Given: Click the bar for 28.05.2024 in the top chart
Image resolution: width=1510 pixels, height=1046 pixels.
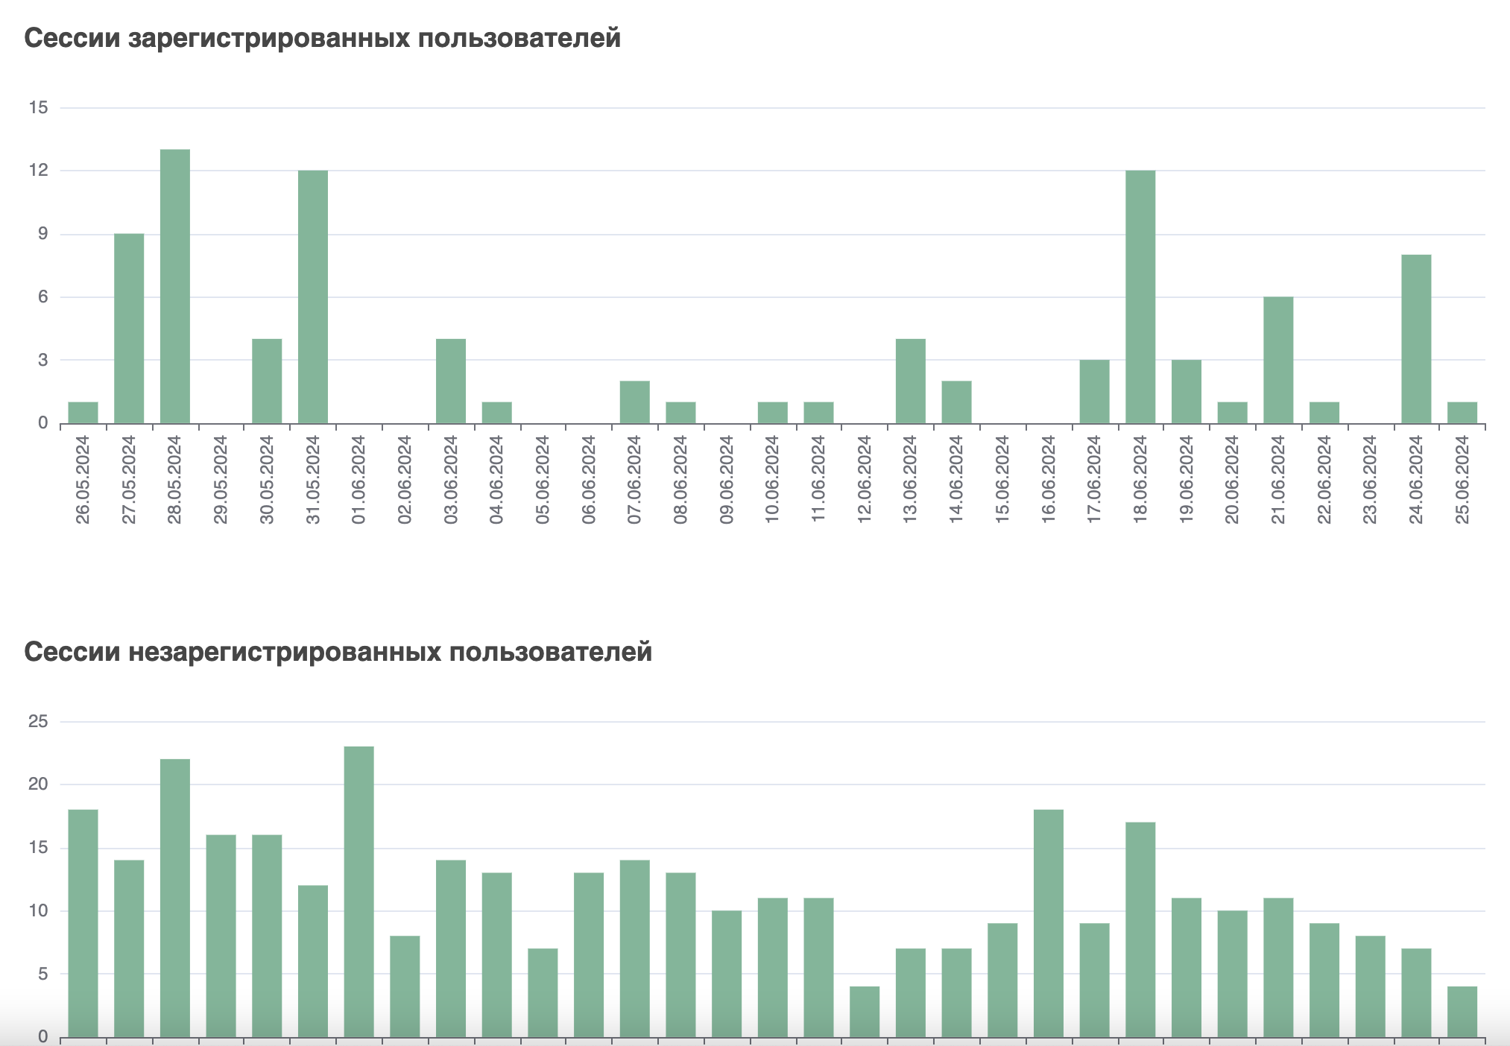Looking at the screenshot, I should click(x=175, y=287).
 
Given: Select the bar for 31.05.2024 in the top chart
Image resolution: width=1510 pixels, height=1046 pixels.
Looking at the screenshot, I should click(x=313, y=297).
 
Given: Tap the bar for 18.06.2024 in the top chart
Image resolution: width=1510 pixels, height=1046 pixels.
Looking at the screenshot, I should click(x=1140, y=297).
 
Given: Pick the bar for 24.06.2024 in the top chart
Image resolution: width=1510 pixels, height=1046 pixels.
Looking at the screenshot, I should click(x=1416, y=339).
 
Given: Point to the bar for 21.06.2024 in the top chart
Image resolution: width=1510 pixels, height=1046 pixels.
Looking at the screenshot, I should click(x=1278, y=361).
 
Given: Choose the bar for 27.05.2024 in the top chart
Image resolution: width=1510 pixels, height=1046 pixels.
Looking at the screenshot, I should click(x=129, y=329).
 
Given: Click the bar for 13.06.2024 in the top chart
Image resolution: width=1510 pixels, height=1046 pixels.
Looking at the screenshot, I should click(x=911, y=381).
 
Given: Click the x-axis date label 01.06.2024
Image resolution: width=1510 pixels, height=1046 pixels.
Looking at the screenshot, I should click(x=359, y=480).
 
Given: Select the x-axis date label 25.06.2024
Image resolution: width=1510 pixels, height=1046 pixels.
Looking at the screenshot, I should click(x=1462, y=480).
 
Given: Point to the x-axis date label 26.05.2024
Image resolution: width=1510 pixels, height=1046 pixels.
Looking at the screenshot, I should click(x=83, y=480).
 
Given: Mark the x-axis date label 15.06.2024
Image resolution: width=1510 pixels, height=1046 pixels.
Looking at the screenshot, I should click(x=1002, y=480).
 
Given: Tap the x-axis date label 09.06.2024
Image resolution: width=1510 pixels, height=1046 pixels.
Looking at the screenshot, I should click(x=727, y=480).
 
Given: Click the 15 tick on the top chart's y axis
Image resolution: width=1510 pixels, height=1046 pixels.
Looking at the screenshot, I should click(x=38, y=108).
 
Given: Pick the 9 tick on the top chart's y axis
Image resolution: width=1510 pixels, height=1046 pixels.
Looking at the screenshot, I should click(x=42, y=234).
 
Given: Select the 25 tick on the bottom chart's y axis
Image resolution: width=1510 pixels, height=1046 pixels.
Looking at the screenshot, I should click(x=38, y=721).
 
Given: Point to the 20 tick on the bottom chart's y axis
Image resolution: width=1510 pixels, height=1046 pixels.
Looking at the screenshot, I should click(x=38, y=785).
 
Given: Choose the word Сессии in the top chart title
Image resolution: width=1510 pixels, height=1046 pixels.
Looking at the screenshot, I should click(x=72, y=38).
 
